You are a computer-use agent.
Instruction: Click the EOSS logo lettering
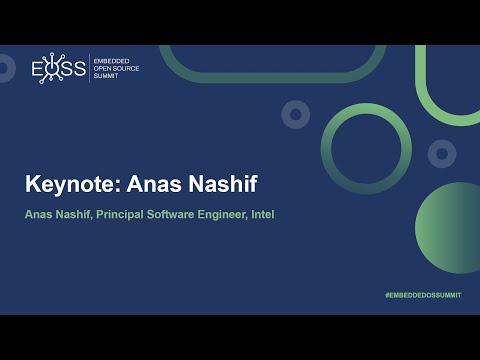coord(59,68)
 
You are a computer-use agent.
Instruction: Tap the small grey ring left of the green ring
coord(295,114)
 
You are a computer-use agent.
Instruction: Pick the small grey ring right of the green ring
coord(442,154)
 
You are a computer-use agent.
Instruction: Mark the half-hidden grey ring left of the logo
coord(6,68)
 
